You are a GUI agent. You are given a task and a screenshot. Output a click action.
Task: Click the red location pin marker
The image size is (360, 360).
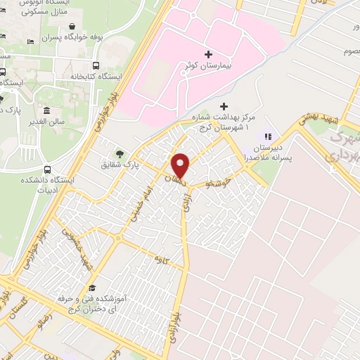(x=181, y=165)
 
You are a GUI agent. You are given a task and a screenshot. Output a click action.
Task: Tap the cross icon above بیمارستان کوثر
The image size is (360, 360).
(x=207, y=54)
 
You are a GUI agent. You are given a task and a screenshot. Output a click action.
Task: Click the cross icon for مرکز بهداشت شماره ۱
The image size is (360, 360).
(x=223, y=105)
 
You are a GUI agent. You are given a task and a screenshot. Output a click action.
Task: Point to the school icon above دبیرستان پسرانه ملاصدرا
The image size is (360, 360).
(x=267, y=136)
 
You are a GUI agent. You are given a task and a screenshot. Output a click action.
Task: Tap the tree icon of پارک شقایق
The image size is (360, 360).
(x=120, y=153)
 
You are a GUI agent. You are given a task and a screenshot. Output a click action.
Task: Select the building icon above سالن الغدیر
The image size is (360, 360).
(x=46, y=111)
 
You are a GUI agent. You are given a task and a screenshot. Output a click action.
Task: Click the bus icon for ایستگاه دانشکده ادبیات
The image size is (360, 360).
(x=48, y=169)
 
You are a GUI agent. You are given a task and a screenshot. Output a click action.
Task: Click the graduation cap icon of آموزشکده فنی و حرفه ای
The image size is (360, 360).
(x=91, y=288)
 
